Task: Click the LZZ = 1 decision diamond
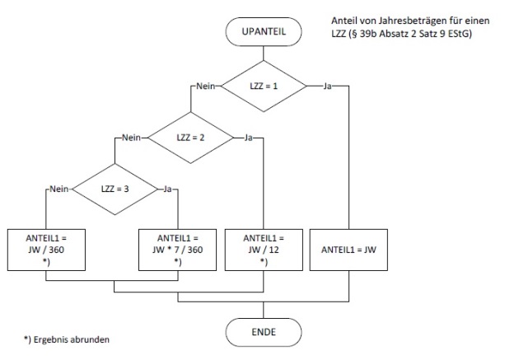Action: [x=264, y=85]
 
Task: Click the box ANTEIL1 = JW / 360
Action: [x=48, y=246]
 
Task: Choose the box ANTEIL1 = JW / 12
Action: [x=264, y=246]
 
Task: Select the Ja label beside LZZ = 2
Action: [x=247, y=138]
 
